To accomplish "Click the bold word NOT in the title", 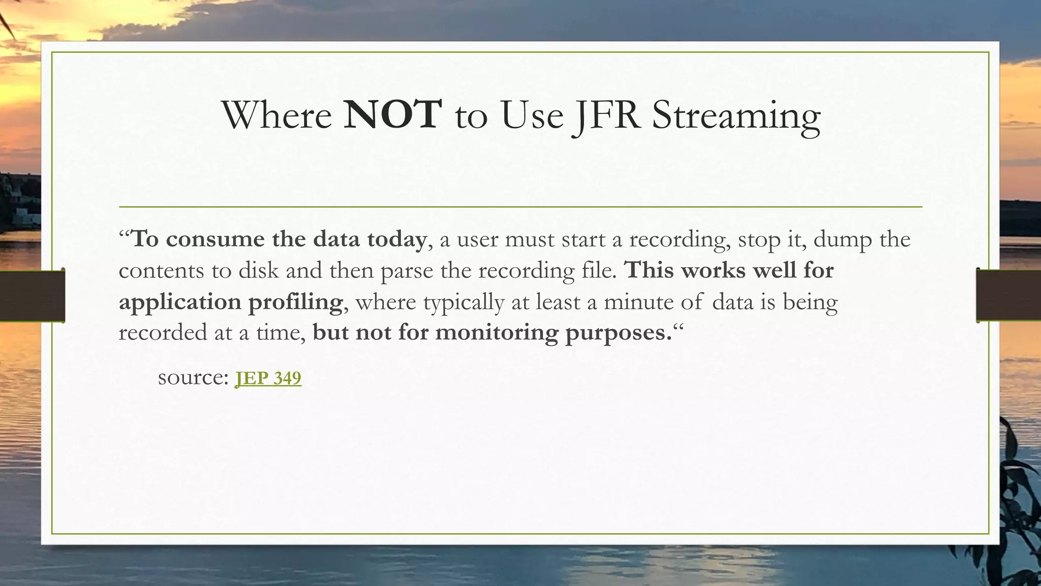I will coord(392,114).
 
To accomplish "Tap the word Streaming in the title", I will coord(736,116).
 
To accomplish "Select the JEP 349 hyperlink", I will coord(268,378).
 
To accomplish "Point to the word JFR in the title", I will coord(606,116).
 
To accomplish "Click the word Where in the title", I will coord(277,115).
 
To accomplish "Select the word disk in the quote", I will coord(259,270).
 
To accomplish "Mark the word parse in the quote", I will coord(407,271).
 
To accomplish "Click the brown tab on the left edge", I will coord(32,296).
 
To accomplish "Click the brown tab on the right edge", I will coord(1008,296).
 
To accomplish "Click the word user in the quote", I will coord(477,240).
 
